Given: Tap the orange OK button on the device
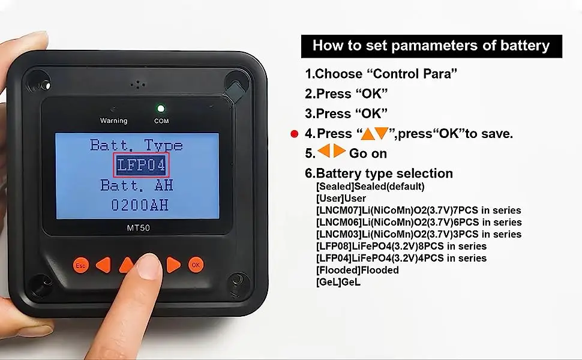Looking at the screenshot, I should click(x=195, y=264).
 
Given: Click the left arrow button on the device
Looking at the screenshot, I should click(x=103, y=264).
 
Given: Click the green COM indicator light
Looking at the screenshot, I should click(x=161, y=109).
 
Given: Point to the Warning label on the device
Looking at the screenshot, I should click(x=113, y=121).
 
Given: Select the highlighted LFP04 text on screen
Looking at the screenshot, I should click(x=141, y=165).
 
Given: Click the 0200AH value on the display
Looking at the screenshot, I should click(x=139, y=205).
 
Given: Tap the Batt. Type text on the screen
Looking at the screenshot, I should click(x=136, y=145).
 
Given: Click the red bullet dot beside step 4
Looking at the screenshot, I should click(x=294, y=134).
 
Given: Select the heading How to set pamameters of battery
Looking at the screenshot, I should click(x=431, y=46).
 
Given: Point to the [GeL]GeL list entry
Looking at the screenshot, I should click(x=338, y=282).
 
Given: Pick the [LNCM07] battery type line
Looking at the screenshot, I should click(x=418, y=210).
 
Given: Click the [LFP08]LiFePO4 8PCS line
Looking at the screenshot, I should click(x=401, y=246).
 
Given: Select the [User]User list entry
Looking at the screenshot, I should click(x=341, y=198).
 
